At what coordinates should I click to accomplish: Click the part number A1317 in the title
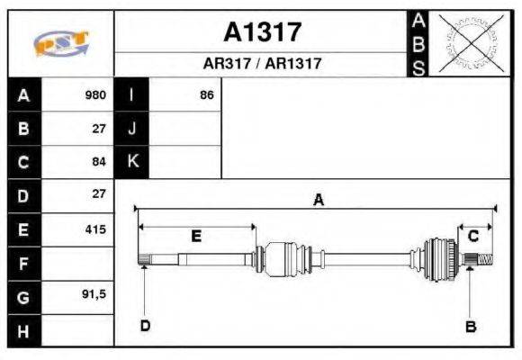pyautogui.click(x=262, y=32)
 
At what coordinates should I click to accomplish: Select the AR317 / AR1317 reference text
pyautogui.click(x=262, y=65)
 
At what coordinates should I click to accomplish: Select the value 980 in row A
pyautogui.click(x=95, y=94)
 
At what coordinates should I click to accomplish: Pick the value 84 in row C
pyautogui.click(x=99, y=162)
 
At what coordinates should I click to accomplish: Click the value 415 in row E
pyautogui.click(x=95, y=229)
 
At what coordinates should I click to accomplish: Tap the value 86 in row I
pyautogui.click(x=207, y=94)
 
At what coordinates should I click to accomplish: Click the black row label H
pyautogui.click(x=22, y=331)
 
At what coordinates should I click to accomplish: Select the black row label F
pyautogui.click(x=22, y=264)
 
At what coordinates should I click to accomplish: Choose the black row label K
pyautogui.click(x=132, y=162)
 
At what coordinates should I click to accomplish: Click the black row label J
pyautogui.click(x=132, y=128)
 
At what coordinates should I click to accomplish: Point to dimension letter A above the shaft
pyautogui.click(x=317, y=201)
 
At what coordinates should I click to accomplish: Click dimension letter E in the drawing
pyautogui.click(x=196, y=236)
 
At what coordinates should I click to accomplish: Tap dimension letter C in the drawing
pyautogui.click(x=472, y=236)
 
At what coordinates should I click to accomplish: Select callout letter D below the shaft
pyautogui.click(x=144, y=325)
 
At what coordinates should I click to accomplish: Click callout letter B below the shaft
pyautogui.click(x=470, y=326)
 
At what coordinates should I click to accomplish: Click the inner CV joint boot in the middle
pyautogui.click(x=289, y=256)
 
